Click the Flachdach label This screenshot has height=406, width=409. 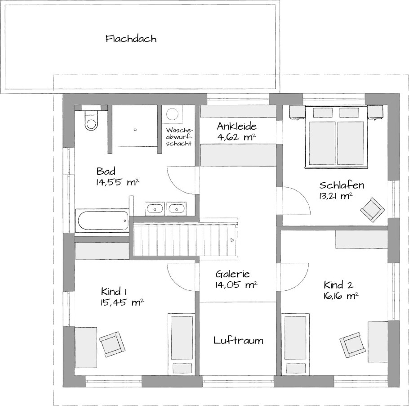point(131,39)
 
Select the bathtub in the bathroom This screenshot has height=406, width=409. point(102,221)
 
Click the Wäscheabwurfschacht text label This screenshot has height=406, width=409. point(179,137)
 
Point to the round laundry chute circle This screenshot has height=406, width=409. point(173,114)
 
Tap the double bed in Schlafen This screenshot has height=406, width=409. point(336,136)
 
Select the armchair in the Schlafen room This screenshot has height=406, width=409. point(373,209)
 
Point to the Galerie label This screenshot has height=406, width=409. point(233,274)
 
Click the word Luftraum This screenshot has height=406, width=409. point(238,340)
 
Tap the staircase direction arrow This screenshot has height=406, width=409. point(232,240)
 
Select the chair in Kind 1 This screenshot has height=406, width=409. point(112,344)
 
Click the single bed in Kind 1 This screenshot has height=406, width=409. point(182,344)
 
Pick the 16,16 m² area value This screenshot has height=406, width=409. point(340,296)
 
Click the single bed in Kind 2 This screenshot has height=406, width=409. point(296,344)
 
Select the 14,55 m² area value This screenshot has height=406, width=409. point(117,182)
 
